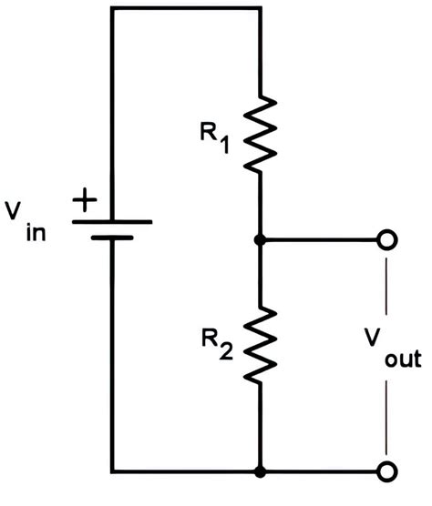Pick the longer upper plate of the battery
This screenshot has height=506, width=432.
click(111, 220)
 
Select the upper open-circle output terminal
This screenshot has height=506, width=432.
click(387, 240)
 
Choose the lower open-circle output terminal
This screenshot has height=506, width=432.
click(387, 471)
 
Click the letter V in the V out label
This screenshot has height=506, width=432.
click(374, 339)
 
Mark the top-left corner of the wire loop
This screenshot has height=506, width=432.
click(111, 8)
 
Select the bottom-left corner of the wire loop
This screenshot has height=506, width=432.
click(111, 472)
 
